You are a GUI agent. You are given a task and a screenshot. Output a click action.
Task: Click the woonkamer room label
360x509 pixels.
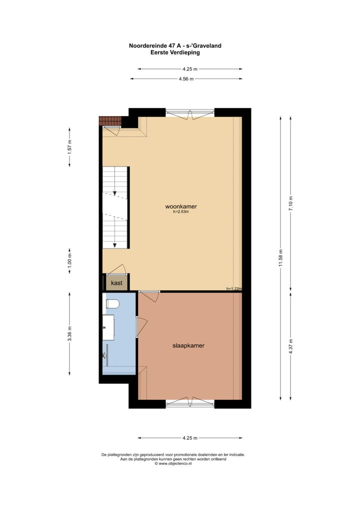pyautogui.click(x=181, y=206)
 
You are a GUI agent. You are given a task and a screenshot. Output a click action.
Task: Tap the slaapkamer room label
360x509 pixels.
pyautogui.click(x=188, y=345)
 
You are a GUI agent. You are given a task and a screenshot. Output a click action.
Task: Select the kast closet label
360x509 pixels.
pyautogui.click(x=116, y=283)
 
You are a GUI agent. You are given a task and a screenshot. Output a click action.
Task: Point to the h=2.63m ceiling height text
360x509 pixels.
pyautogui.click(x=181, y=211)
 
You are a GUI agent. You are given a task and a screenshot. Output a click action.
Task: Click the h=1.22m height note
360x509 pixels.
pyautogui.click(x=233, y=288)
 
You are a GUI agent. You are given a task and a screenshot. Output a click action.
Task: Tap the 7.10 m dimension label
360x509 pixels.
pyautogui.click(x=291, y=204)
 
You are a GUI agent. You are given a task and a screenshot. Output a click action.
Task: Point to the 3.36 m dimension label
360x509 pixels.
pyautogui.click(x=70, y=333)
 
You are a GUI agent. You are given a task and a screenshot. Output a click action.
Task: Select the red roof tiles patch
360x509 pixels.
pyautogui.click(x=110, y=120)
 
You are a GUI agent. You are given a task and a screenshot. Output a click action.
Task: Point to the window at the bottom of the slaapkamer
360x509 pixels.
pyautogui.click(x=190, y=403)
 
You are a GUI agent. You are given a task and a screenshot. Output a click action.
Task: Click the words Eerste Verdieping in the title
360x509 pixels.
pyautogui.click(x=175, y=52)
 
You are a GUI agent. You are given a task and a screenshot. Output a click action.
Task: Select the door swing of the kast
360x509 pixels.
pyautogui.click(x=117, y=269)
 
